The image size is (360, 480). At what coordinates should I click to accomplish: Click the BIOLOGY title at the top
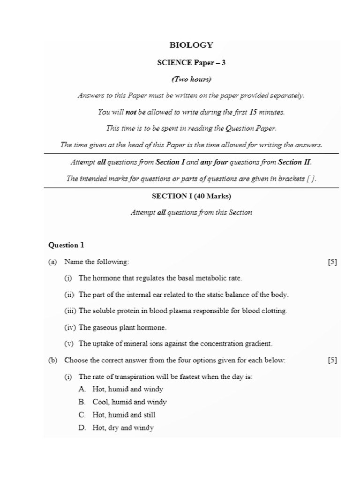(x=191, y=45)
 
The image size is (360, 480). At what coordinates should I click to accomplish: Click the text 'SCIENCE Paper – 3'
(x=191, y=62)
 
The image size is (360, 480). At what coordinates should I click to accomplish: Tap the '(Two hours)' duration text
(x=191, y=79)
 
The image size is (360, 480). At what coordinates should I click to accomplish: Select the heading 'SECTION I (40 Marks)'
(x=191, y=196)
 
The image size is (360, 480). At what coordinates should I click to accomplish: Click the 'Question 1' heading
(x=66, y=245)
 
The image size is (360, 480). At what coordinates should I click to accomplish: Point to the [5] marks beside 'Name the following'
(x=333, y=262)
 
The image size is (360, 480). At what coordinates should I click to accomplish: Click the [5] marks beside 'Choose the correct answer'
(x=333, y=360)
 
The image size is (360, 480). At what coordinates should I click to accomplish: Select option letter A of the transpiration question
(x=82, y=390)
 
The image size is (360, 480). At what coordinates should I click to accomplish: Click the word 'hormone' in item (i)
(x=106, y=278)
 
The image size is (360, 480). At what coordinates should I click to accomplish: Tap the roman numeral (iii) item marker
(x=70, y=311)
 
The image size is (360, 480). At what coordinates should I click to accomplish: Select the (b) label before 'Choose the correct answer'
(x=52, y=360)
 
